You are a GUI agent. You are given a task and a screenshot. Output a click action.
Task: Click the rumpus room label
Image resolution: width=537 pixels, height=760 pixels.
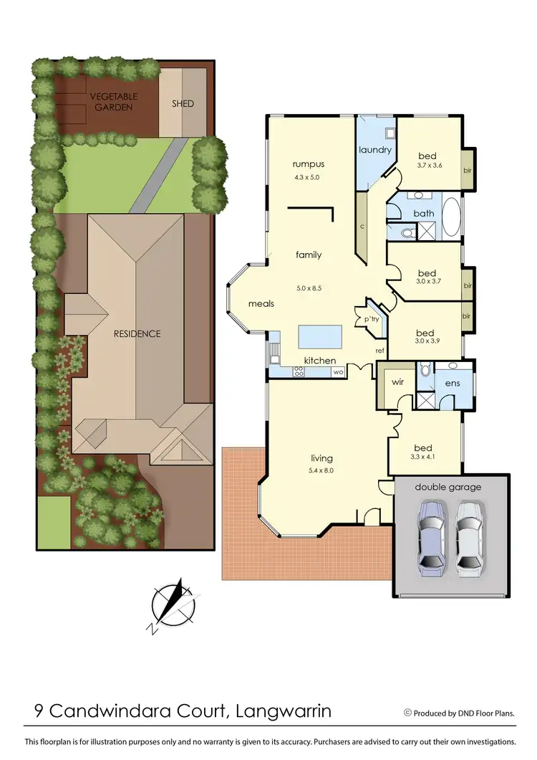point(309,164)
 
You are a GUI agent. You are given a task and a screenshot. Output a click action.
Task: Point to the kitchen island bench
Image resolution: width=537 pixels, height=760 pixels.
point(319,336)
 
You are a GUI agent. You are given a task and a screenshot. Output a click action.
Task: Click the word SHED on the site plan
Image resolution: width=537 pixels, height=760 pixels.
point(183,104)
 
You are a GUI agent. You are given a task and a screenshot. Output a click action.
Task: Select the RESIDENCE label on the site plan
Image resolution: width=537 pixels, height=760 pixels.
point(137,333)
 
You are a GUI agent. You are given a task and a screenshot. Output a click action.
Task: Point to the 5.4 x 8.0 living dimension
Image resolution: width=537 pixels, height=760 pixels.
point(321,470)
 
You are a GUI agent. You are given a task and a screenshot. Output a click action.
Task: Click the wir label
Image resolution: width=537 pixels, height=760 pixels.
point(398,382)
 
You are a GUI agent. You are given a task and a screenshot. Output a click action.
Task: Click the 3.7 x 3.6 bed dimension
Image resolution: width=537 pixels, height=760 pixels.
point(430,166)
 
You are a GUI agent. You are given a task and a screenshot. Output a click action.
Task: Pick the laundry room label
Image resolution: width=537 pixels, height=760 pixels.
point(375,150)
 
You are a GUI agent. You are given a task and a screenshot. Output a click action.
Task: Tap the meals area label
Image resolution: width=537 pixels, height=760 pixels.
point(261,304)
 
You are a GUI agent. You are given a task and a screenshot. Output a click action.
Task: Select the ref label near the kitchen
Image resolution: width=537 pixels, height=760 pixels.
point(380,350)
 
